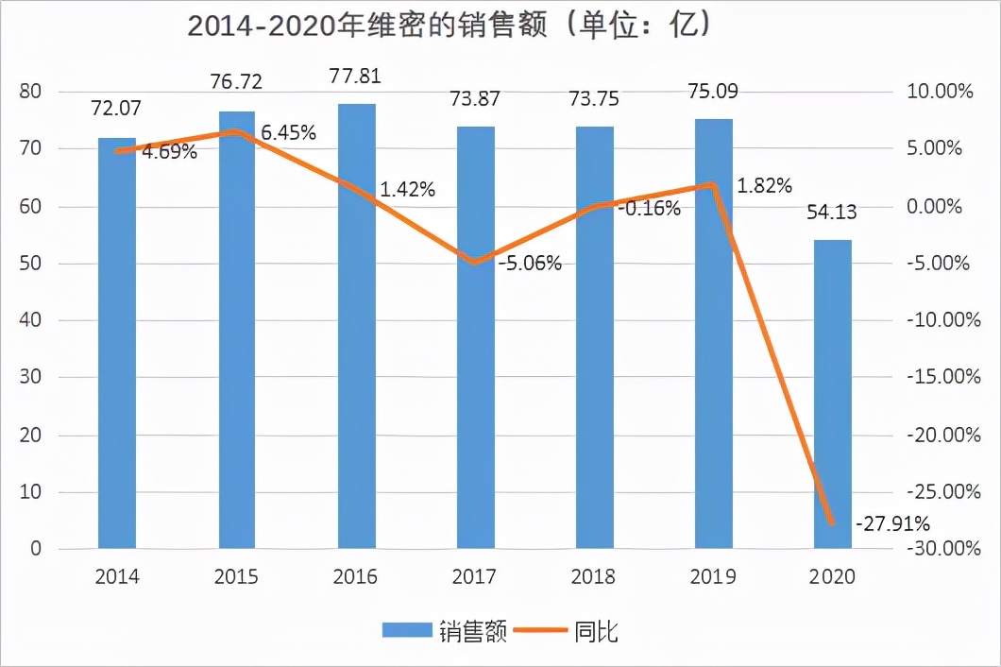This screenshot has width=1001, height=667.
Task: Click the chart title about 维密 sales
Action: [x=449, y=25]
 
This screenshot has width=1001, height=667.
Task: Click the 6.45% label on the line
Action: [x=288, y=133]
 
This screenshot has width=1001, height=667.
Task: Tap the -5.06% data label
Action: [x=530, y=264]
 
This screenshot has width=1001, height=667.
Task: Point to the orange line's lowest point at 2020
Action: [x=832, y=523]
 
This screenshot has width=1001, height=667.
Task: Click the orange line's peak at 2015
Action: [x=237, y=131]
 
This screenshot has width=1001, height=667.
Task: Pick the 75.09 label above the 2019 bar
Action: [x=713, y=92]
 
